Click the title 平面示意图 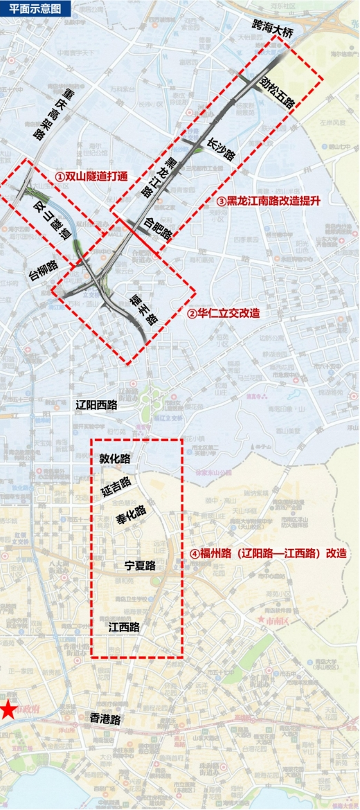31,8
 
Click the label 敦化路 115,458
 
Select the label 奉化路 131,515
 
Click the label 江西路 125,627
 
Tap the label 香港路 105,720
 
